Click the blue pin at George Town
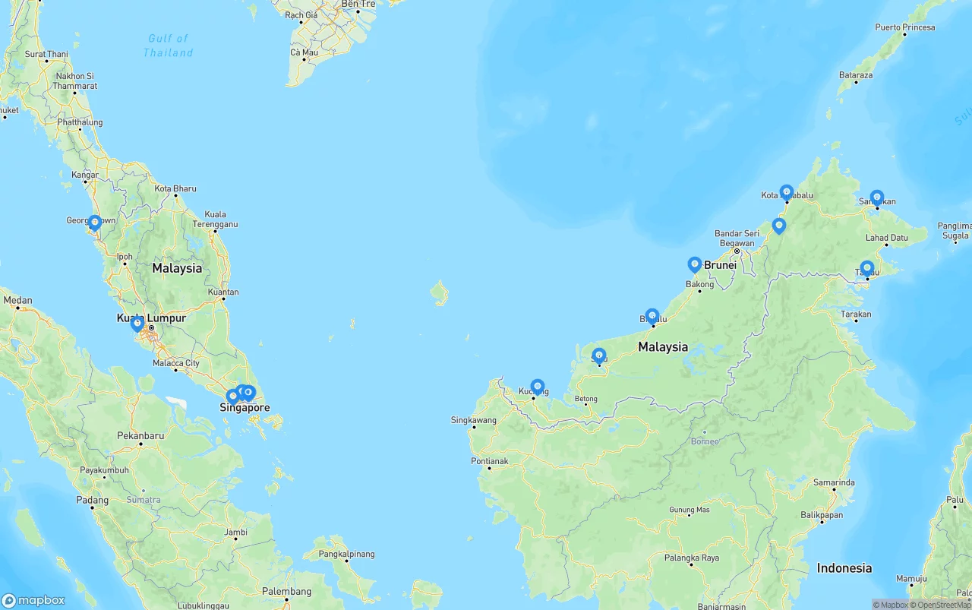95,223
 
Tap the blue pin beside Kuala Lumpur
137,324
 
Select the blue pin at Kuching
538,387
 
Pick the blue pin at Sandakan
877,198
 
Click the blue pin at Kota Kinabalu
787,192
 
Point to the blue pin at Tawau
867,268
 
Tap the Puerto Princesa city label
904,27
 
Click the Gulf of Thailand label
168,46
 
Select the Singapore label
245,408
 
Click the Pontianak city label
489,461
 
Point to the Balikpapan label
822,515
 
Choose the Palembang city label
286,592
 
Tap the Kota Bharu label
175,188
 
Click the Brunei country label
720,265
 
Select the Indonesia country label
844,568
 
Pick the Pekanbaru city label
140,436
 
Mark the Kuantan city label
222,292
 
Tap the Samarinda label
834,482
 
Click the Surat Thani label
46,55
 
